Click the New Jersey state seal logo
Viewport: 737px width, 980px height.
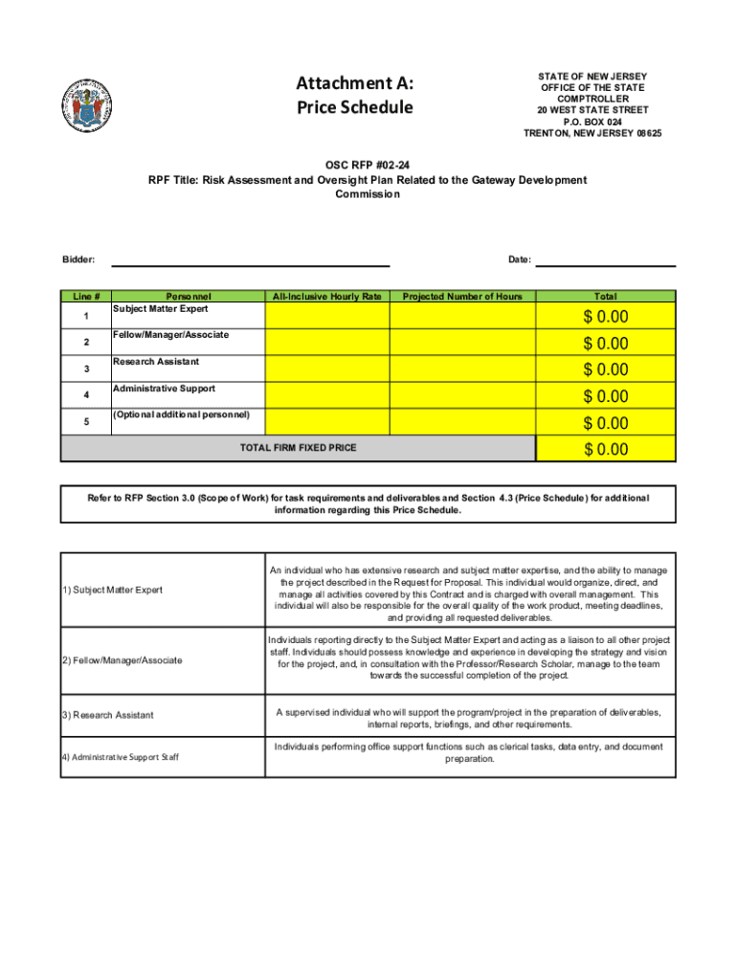85,105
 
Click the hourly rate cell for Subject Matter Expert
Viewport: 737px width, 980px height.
325,316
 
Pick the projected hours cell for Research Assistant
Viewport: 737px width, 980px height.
462,368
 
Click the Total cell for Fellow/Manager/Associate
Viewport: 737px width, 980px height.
606,343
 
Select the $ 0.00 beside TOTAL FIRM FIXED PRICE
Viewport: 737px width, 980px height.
606,449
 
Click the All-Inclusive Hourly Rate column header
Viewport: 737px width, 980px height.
326,297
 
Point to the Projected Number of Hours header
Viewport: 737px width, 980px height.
462,297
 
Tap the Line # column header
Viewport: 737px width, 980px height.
85,297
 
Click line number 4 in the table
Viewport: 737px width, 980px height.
85,395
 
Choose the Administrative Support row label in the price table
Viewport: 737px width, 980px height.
164,389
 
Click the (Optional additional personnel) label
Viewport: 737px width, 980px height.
181,414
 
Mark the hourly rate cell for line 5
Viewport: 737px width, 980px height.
325,422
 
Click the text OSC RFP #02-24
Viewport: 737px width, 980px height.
368,164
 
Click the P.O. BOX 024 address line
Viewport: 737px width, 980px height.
592,122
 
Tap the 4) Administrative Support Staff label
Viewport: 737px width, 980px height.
120,757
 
